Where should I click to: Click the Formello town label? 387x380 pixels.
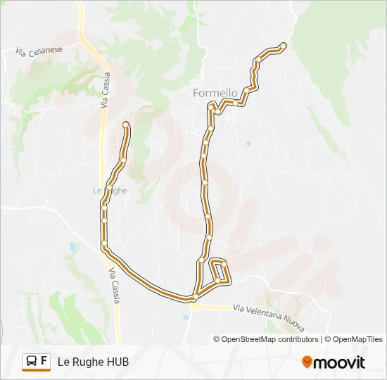pos(215,92)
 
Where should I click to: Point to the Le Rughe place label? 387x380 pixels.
pos(109,190)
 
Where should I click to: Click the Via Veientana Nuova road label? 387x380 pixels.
pos(268,312)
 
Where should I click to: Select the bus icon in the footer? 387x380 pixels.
pos(32,362)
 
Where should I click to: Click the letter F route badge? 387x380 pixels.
pos(44,361)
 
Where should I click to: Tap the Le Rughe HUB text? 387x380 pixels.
pos(93,362)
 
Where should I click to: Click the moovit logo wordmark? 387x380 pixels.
pos(339,362)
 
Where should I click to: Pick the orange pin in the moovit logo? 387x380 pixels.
pos(307,362)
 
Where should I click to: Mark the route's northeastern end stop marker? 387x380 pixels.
pos(284,46)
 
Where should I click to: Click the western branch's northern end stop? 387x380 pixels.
pos(126,125)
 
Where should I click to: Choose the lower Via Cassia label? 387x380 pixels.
pos(115,286)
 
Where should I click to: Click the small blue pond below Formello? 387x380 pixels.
pos(248,144)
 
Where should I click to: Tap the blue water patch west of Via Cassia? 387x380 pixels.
pos(72,246)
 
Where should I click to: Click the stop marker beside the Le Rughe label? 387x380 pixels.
pos(110,186)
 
